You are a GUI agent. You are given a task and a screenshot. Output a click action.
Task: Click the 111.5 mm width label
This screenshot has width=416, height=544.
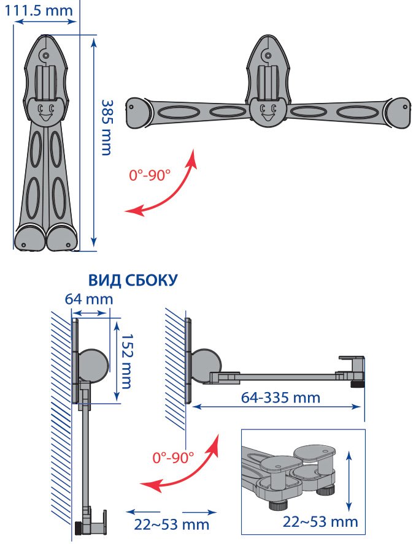click(42, 10)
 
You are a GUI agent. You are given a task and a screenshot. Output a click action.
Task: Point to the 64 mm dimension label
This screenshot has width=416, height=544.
click(90, 300)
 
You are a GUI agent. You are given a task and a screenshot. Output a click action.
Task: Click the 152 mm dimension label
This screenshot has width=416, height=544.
click(125, 361)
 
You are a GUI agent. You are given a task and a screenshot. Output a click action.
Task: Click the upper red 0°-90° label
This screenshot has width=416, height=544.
click(150, 175)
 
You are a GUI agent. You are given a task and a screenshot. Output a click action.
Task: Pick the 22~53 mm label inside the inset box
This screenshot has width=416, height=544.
click(320, 522)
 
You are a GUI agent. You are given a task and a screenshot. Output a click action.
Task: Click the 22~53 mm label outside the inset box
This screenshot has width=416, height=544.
click(171, 525)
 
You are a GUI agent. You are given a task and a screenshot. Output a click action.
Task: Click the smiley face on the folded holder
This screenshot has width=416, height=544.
click(45, 111)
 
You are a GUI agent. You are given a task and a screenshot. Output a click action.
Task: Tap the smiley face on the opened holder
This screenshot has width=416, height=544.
click(268, 111)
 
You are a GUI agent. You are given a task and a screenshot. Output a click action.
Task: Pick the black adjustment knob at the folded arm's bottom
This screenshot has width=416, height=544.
click(80, 528)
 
